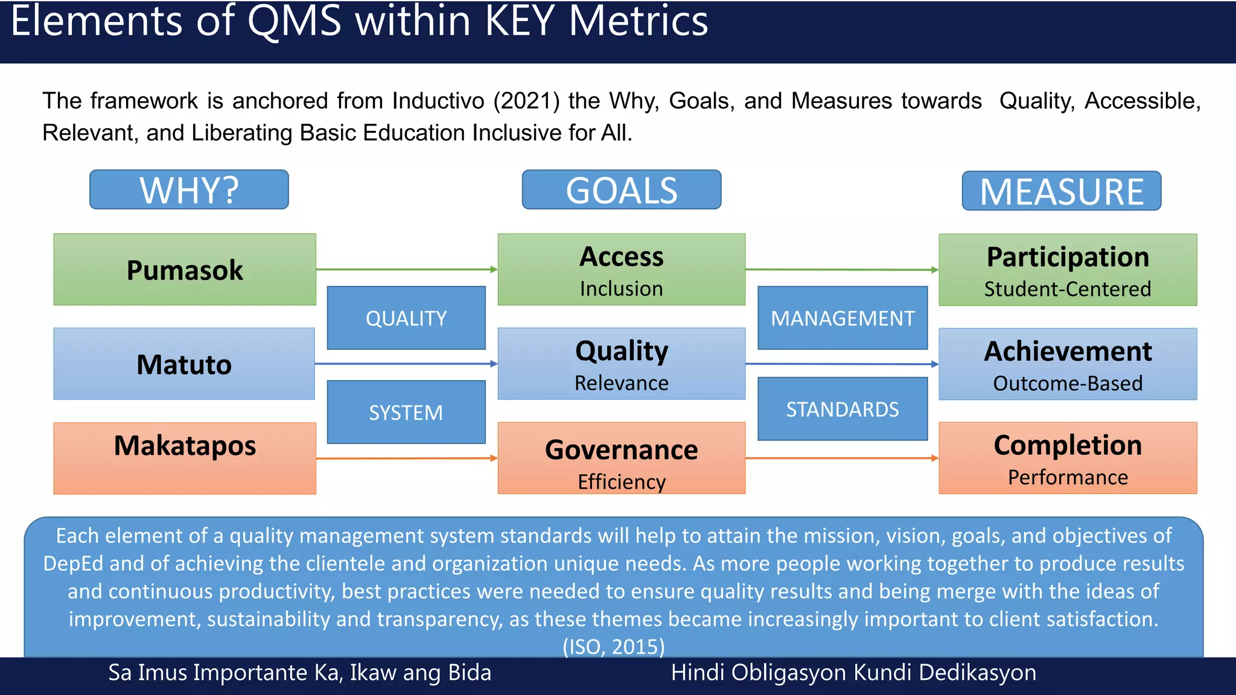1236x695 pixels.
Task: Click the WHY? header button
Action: click(x=189, y=190)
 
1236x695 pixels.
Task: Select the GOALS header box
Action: click(x=621, y=190)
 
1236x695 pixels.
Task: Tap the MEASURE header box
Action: click(x=1061, y=191)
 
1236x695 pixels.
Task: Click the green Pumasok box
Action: click(x=185, y=270)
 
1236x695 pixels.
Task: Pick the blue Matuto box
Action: click(x=184, y=364)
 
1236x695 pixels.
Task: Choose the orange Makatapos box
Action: click(x=185, y=458)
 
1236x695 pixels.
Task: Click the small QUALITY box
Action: click(x=406, y=318)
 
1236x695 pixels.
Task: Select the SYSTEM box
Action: click(x=406, y=413)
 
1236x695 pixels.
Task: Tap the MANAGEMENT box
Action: click(x=843, y=318)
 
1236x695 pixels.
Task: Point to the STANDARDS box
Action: click(x=843, y=409)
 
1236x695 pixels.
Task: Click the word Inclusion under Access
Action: click(x=621, y=289)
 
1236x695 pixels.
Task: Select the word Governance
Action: click(x=621, y=450)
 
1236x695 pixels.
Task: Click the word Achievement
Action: click(x=1068, y=351)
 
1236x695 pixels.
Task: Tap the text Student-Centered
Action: click(x=1068, y=289)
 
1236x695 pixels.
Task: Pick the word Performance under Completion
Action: click(x=1068, y=477)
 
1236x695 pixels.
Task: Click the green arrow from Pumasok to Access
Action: click(x=406, y=269)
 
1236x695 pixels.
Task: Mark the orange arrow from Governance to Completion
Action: click(x=842, y=458)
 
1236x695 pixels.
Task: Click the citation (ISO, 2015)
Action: click(x=613, y=647)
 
